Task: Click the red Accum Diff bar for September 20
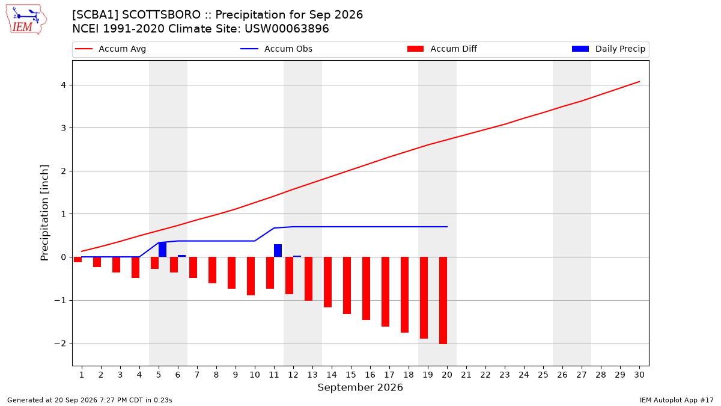coord(443,300)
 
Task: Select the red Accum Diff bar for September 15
coord(347,286)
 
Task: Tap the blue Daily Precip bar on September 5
coord(163,250)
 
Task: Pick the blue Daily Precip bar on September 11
coord(278,251)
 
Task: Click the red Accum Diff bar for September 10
coord(251,276)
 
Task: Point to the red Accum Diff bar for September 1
coord(78,260)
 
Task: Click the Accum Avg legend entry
coord(111,49)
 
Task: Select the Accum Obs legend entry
coord(276,49)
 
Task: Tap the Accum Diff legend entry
coord(442,49)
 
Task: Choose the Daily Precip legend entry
coord(609,49)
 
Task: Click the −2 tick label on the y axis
coord(60,343)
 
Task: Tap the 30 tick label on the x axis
coord(639,375)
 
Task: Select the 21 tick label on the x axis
coord(466,375)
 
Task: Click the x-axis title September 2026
coord(360,387)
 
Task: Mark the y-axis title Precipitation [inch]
coord(44,213)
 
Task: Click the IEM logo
coord(26,20)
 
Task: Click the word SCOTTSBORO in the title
coord(161,15)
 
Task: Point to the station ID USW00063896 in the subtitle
coord(287,29)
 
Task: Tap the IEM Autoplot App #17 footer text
coord(677,400)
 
